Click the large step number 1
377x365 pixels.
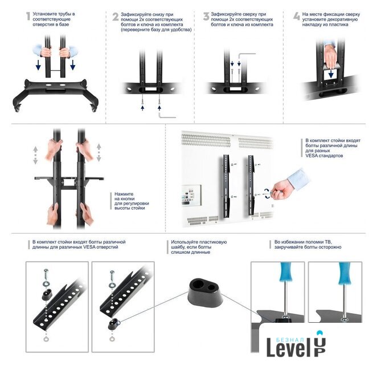coord(28,16)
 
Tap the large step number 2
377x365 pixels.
coord(116,17)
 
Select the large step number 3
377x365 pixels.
coord(206,16)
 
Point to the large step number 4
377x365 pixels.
coord(297,16)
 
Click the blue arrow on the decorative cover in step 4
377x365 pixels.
coord(331,74)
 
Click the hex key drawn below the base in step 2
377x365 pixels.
coord(167,115)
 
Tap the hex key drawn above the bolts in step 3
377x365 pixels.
coord(246,56)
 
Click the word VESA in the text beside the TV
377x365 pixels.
coord(312,156)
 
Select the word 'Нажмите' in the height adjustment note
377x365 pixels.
coord(124,194)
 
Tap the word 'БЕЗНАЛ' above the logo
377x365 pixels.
coord(290,340)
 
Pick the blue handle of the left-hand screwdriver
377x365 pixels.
coord(286,271)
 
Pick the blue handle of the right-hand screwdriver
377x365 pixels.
coord(345,273)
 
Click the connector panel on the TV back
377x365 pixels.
coord(191,195)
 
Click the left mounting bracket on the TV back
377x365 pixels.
coord(226,186)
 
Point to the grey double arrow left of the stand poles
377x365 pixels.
coord(35,155)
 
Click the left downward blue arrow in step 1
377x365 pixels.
coord(38,65)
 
